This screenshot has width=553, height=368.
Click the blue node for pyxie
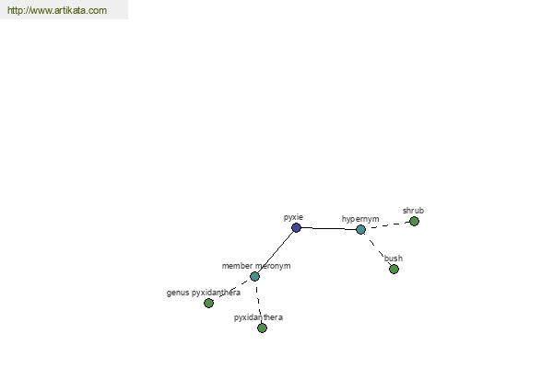click(x=296, y=228)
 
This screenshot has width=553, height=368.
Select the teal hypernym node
click(x=360, y=230)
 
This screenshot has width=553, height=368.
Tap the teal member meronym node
click(x=254, y=276)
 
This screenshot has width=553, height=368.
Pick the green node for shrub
click(x=415, y=221)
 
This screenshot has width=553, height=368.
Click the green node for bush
click(x=394, y=269)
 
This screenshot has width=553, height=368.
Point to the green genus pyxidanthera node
click(x=209, y=303)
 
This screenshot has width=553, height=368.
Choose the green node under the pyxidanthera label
click(x=262, y=328)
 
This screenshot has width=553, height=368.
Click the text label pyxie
click(x=293, y=218)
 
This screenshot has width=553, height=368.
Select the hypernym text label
click(x=360, y=219)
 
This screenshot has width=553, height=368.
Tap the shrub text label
click(x=413, y=211)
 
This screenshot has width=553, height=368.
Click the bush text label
click(x=394, y=259)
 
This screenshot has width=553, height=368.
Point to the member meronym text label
click(x=256, y=266)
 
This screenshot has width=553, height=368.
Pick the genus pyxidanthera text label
click(x=204, y=293)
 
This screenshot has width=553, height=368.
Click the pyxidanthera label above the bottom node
click(x=258, y=317)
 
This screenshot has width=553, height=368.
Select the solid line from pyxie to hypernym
click(x=329, y=228)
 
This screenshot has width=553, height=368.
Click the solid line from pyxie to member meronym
click(x=276, y=252)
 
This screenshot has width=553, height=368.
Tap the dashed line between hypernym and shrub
click(x=388, y=225)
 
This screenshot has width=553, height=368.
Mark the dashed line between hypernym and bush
click(x=377, y=249)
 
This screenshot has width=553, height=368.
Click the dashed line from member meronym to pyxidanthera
click(x=258, y=302)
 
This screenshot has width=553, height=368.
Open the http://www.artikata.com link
click(x=57, y=10)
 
